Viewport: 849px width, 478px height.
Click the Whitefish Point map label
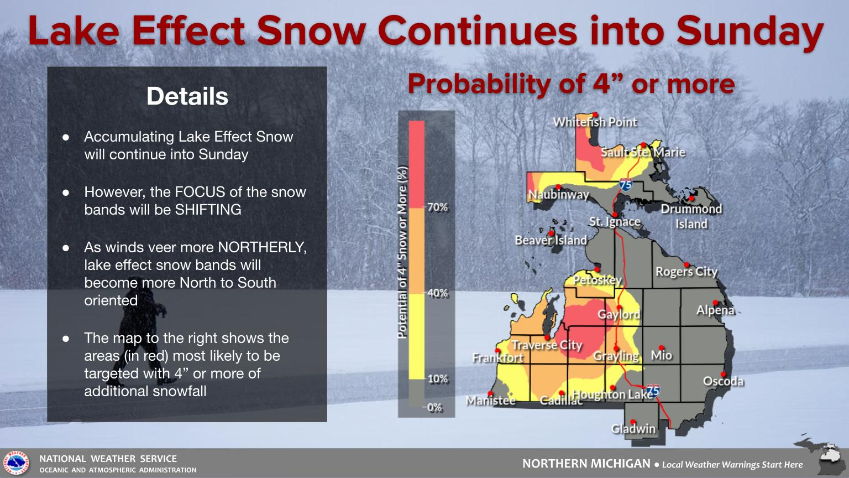point(595,122)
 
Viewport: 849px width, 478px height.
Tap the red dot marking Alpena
point(715,303)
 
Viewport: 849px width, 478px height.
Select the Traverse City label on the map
point(547,345)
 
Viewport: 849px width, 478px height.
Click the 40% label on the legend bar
point(437,293)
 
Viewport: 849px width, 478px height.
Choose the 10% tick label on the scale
point(438,378)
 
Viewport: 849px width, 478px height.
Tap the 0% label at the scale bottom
point(435,407)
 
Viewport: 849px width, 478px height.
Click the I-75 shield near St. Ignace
point(626,184)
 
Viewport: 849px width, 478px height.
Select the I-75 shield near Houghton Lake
point(653,391)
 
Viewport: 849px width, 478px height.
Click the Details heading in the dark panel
point(187,96)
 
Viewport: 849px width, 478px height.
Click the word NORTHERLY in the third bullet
point(263,247)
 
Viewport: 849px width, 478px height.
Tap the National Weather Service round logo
point(16,463)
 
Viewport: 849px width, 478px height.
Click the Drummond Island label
point(691,217)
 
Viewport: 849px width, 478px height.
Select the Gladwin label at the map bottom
point(633,429)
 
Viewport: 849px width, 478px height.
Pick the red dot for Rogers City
point(686,265)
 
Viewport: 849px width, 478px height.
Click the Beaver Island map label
point(551,240)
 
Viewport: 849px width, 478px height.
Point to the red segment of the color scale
point(417,164)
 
